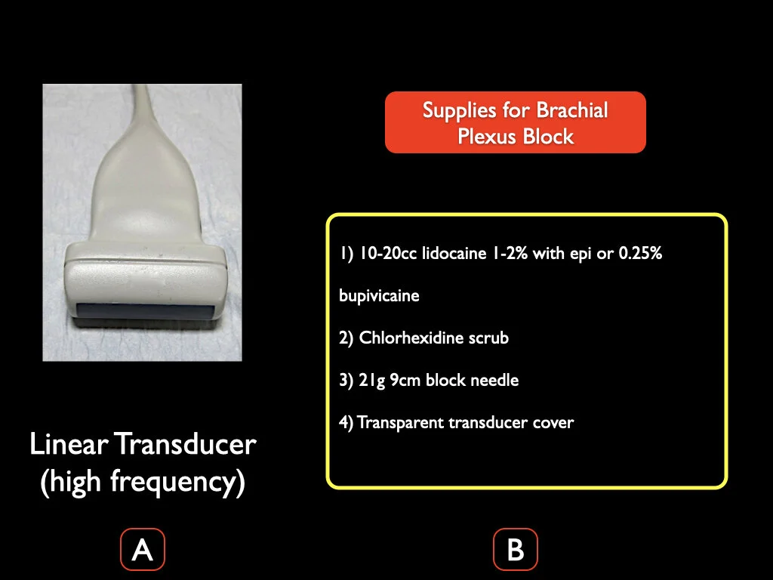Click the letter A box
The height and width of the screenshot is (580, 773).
[x=143, y=550]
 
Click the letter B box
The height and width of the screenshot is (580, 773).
[x=516, y=550]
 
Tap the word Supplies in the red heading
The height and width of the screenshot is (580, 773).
[x=460, y=110]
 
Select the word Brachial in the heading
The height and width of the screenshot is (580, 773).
[x=571, y=110]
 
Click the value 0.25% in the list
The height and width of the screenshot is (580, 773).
[x=640, y=254]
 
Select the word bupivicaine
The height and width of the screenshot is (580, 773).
[x=379, y=295]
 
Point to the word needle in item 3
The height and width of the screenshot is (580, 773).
[x=494, y=380]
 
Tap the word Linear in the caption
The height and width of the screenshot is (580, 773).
[x=70, y=444]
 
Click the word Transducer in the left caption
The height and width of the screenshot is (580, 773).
[x=186, y=444]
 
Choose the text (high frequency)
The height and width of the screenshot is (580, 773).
[x=143, y=482]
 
